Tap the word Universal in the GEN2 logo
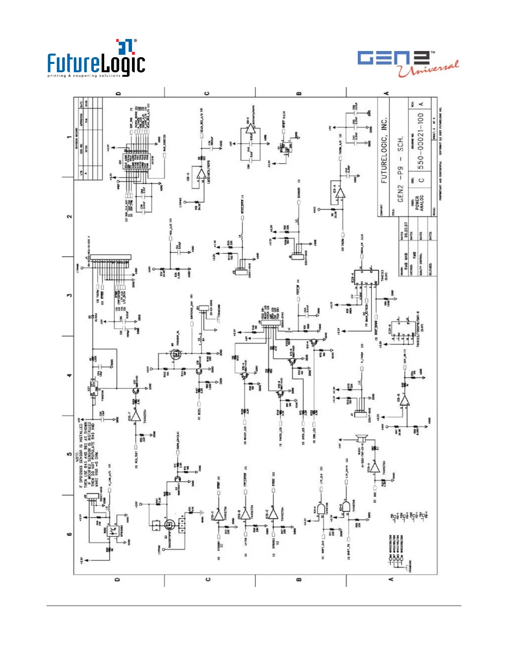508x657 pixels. pos(428,68)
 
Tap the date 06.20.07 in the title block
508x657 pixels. pos(405,233)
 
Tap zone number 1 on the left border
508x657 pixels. pos(69,137)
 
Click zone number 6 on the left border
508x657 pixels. pos(69,534)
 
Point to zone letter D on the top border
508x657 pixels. pos(118,93)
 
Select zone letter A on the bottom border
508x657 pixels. pos(391,579)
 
